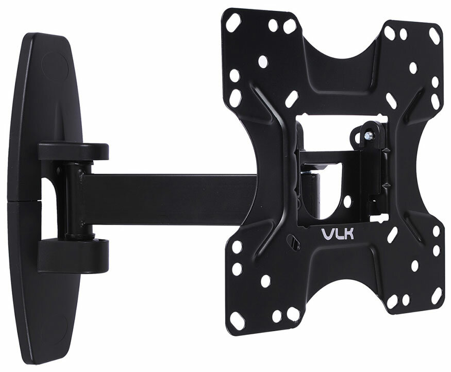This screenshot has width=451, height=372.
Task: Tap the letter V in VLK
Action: coord(327,234)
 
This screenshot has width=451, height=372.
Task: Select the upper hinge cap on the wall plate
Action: coord(74,151)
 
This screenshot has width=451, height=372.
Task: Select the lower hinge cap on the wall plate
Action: coord(73,255)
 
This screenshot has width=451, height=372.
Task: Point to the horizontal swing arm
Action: coord(170,199)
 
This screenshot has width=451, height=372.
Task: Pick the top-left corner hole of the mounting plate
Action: coord(233,22)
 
